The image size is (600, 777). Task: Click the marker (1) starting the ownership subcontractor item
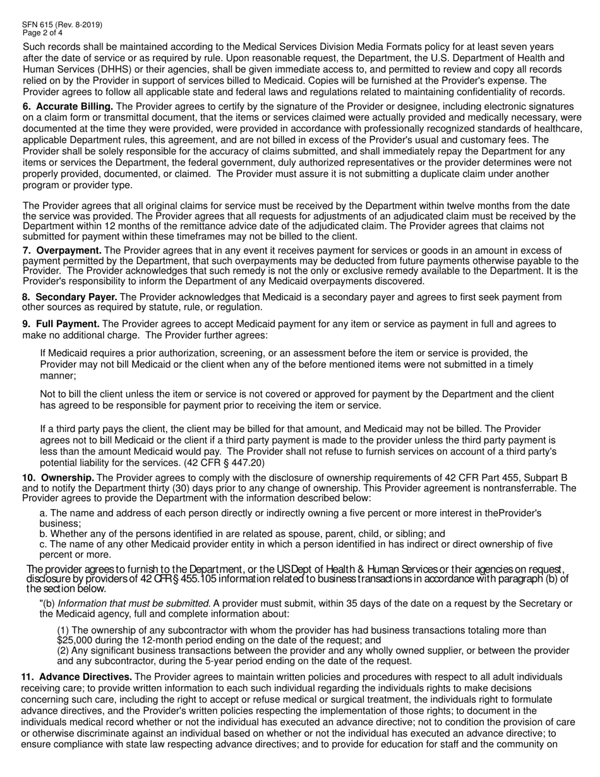(x=64, y=630)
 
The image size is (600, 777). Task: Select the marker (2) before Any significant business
(x=64, y=651)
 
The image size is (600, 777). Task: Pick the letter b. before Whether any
(x=44, y=533)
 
